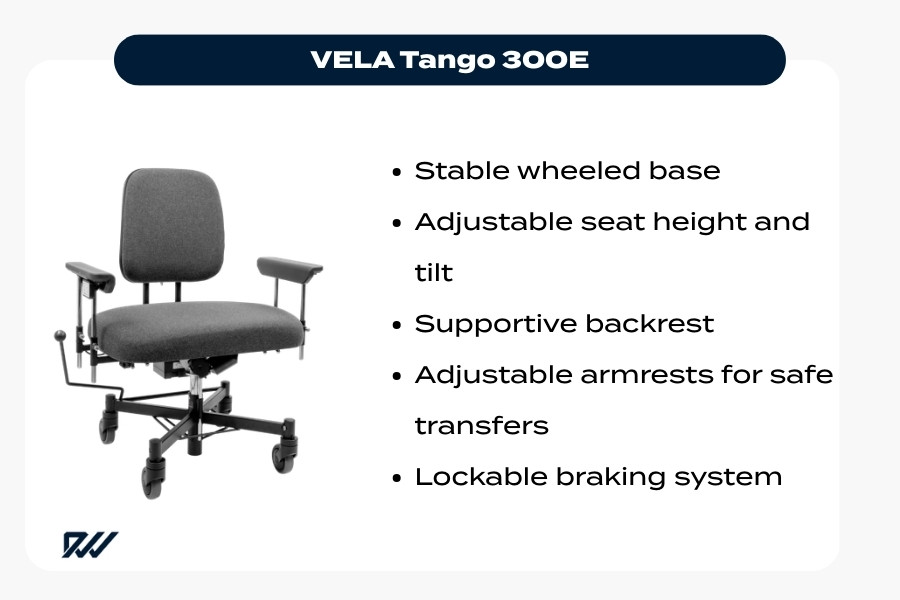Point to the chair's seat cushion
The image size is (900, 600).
click(x=200, y=325)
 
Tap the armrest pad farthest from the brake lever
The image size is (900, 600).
click(x=290, y=267)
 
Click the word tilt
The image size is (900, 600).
click(x=433, y=273)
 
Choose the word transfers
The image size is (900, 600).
click(x=481, y=426)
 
